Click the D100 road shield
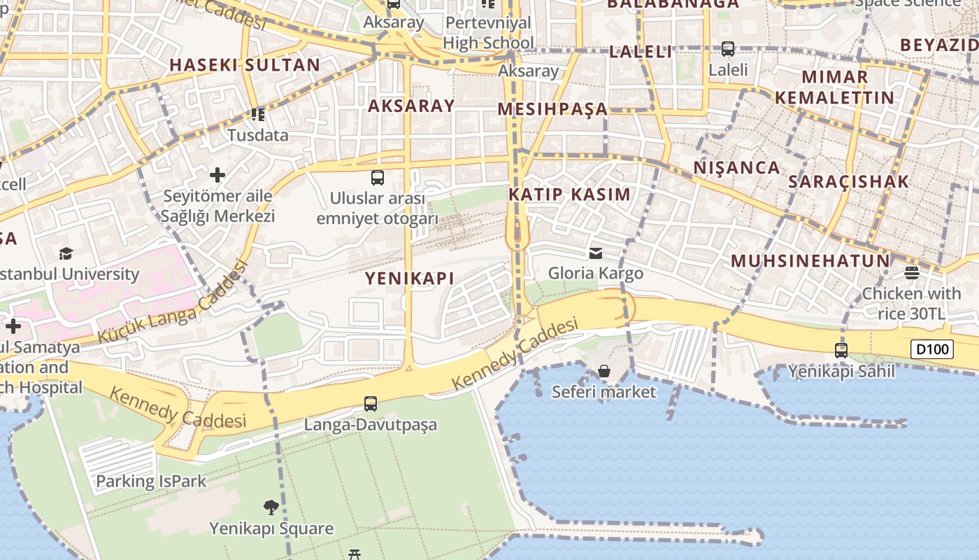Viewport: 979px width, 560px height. pyautogui.click(x=932, y=349)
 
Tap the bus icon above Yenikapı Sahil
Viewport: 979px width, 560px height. pyautogui.click(x=841, y=350)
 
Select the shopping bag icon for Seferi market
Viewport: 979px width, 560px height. pyautogui.click(x=604, y=371)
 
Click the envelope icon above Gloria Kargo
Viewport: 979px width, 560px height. pyautogui.click(x=596, y=253)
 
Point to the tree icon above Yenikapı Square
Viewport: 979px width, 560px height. pyautogui.click(x=271, y=507)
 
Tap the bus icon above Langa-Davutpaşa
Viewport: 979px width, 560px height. pyautogui.click(x=371, y=403)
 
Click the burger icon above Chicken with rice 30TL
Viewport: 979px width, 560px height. pyautogui.click(x=911, y=272)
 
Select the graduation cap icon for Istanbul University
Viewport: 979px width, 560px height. pyautogui.click(x=66, y=253)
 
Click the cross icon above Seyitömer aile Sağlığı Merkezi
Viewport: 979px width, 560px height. pyautogui.click(x=217, y=174)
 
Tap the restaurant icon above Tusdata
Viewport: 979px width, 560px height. pyautogui.click(x=258, y=114)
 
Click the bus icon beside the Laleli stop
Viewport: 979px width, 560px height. pyautogui.click(x=728, y=49)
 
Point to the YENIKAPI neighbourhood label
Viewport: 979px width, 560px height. pyautogui.click(x=410, y=278)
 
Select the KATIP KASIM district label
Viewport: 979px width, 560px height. pyautogui.click(x=569, y=194)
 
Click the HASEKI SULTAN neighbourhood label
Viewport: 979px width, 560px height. pyautogui.click(x=245, y=65)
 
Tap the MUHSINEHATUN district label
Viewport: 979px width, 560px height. pyautogui.click(x=810, y=261)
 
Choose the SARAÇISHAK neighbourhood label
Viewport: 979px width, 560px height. pyautogui.click(x=848, y=181)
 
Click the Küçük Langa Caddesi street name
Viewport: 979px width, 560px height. pyautogui.click(x=172, y=302)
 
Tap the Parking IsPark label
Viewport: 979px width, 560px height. pyautogui.click(x=151, y=481)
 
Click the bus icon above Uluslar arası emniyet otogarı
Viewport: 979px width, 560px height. pyautogui.click(x=378, y=177)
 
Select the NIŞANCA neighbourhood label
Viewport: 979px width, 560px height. pyautogui.click(x=736, y=167)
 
